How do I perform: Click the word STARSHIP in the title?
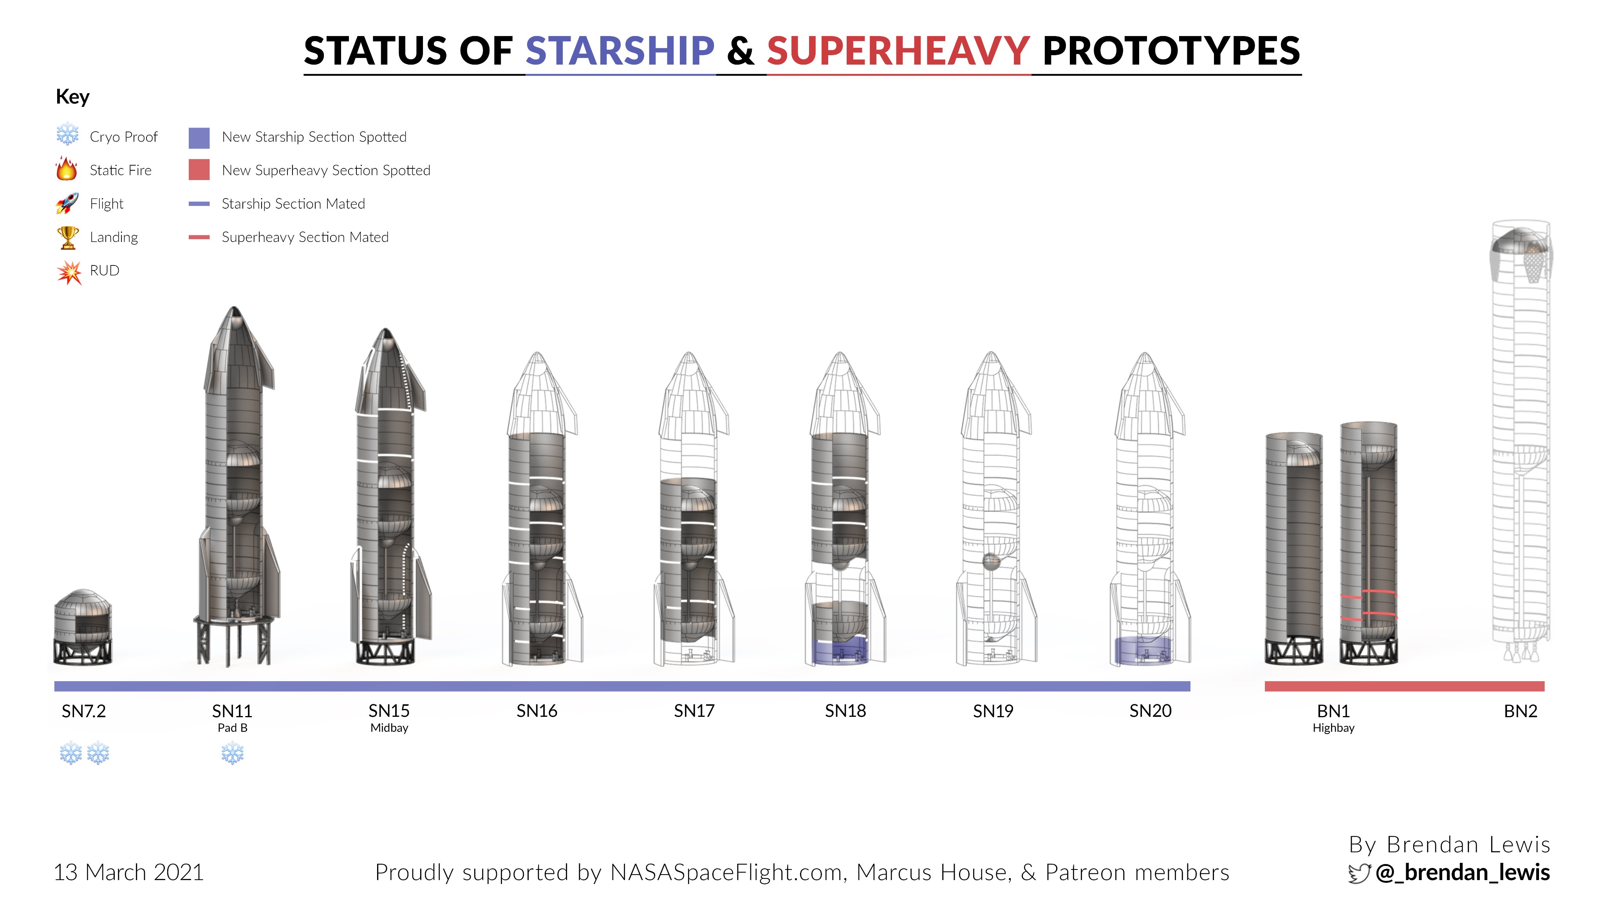620,51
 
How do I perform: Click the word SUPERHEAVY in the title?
898,51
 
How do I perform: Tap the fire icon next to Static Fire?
67,169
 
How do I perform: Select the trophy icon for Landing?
67,236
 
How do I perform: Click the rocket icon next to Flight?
67,203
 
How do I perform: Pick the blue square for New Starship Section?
199,137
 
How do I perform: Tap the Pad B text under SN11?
232,728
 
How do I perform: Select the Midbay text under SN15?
389,728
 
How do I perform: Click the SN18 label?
845,711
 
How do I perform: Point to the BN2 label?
1521,711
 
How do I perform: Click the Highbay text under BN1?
1333,728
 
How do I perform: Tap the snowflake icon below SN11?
232,753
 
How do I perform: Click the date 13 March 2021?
129,872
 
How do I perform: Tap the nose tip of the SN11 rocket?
234,307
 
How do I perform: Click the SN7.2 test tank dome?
82,599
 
